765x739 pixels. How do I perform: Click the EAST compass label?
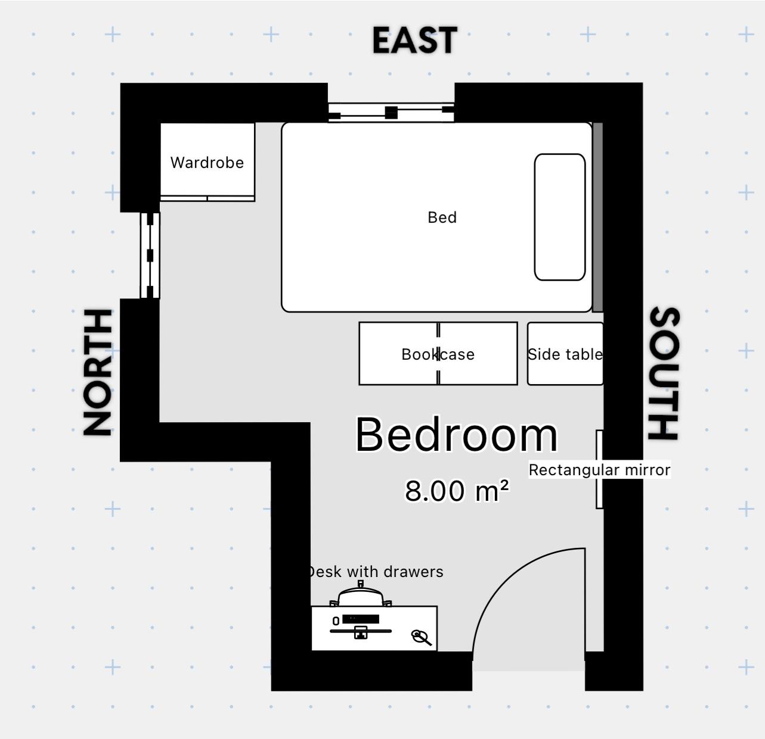[414, 40]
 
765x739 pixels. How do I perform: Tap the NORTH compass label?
[98, 372]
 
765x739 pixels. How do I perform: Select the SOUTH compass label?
[664, 373]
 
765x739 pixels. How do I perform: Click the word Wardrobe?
[207, 163]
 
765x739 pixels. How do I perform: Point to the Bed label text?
[442, 217]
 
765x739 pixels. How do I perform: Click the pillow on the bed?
[559, 217]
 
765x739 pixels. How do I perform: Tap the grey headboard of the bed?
[597, 217]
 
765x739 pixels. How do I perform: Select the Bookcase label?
[438, 354]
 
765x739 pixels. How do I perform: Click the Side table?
[565, 354]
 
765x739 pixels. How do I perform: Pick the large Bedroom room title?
[456, 435]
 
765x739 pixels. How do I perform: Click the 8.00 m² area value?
[457, 491]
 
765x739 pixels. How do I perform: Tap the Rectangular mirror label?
[599, 470]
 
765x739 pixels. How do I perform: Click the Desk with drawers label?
[376, 572]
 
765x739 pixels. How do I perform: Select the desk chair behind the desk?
[361, 595]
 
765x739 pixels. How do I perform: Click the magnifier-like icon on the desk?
[422, 638]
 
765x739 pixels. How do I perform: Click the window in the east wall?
[391, 112]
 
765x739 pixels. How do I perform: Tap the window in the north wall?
[150, 255]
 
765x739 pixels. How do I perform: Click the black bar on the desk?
[361, 619]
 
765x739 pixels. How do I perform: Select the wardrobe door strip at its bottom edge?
[207, 198]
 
